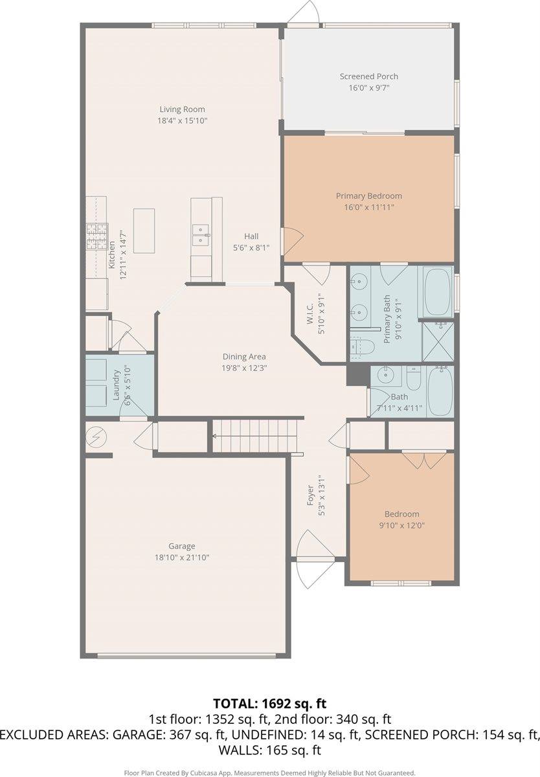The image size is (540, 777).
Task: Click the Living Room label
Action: (182, 109)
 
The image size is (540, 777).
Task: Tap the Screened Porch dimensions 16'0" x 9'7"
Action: (368, 87)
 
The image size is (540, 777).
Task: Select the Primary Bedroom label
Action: (368, 196)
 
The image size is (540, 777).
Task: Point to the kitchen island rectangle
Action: (144, 231)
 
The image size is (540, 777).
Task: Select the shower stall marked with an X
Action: (438, 341)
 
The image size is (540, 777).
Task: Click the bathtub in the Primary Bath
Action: (438, 291)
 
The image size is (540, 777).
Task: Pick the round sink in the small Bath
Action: (388, 374)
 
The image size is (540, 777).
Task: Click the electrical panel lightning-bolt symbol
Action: (96, 438)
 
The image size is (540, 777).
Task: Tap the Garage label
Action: (182, 546)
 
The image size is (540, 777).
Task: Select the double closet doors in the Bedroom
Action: (423, 459)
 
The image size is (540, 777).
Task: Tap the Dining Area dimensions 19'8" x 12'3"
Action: (245, 367)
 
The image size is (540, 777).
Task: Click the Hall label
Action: (251, 236)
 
